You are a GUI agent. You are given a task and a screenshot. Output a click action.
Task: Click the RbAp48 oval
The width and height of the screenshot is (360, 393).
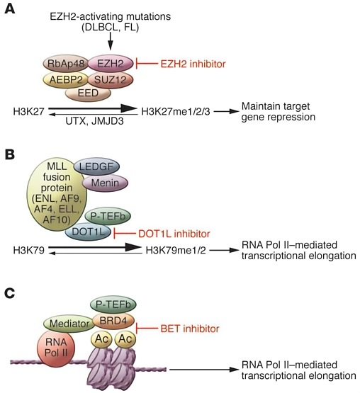point(66,64)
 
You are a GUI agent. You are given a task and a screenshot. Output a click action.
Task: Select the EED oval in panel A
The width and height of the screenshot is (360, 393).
point(88,93)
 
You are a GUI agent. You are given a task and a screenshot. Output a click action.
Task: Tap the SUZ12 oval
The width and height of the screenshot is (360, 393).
point(111,80)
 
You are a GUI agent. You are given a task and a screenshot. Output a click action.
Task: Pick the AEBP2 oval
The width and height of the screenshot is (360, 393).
point(66,80)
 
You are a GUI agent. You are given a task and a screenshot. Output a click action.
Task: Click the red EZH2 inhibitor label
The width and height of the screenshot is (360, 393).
point(193,64)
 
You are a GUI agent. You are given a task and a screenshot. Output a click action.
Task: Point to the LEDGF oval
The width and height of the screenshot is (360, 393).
point(96,166)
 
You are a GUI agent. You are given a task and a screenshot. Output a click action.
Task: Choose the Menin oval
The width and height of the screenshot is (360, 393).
point(105,183)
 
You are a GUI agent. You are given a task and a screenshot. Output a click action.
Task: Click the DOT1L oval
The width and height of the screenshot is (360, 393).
point(88,232)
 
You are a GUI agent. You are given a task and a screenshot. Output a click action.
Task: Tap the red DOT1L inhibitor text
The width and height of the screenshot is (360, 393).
point(174,234)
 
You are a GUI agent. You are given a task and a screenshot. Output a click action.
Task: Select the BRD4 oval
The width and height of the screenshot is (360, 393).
point(113,321)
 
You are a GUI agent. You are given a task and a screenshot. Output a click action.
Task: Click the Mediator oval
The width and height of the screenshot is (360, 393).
point(69,324)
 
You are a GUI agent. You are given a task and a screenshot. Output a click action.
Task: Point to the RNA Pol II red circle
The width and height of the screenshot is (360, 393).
point(56,348)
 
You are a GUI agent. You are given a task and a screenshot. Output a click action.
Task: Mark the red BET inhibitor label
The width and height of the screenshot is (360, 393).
point(190,329)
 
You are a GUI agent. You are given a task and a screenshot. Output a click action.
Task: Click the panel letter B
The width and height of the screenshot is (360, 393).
point(10,154)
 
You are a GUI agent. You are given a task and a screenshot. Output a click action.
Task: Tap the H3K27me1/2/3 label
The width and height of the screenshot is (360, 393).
point(176,112)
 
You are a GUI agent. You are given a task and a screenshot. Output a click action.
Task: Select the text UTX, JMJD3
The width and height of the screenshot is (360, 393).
point(94,121)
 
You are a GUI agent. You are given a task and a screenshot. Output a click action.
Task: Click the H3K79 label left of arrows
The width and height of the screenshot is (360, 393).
point(29,250)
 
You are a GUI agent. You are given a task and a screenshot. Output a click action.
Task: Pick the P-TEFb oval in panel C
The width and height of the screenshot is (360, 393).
point(113,304)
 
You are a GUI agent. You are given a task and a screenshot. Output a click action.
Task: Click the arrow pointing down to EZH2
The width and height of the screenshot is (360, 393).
point(111,42)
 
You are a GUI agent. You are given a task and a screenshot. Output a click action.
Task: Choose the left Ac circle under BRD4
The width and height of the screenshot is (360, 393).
point(101,339)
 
